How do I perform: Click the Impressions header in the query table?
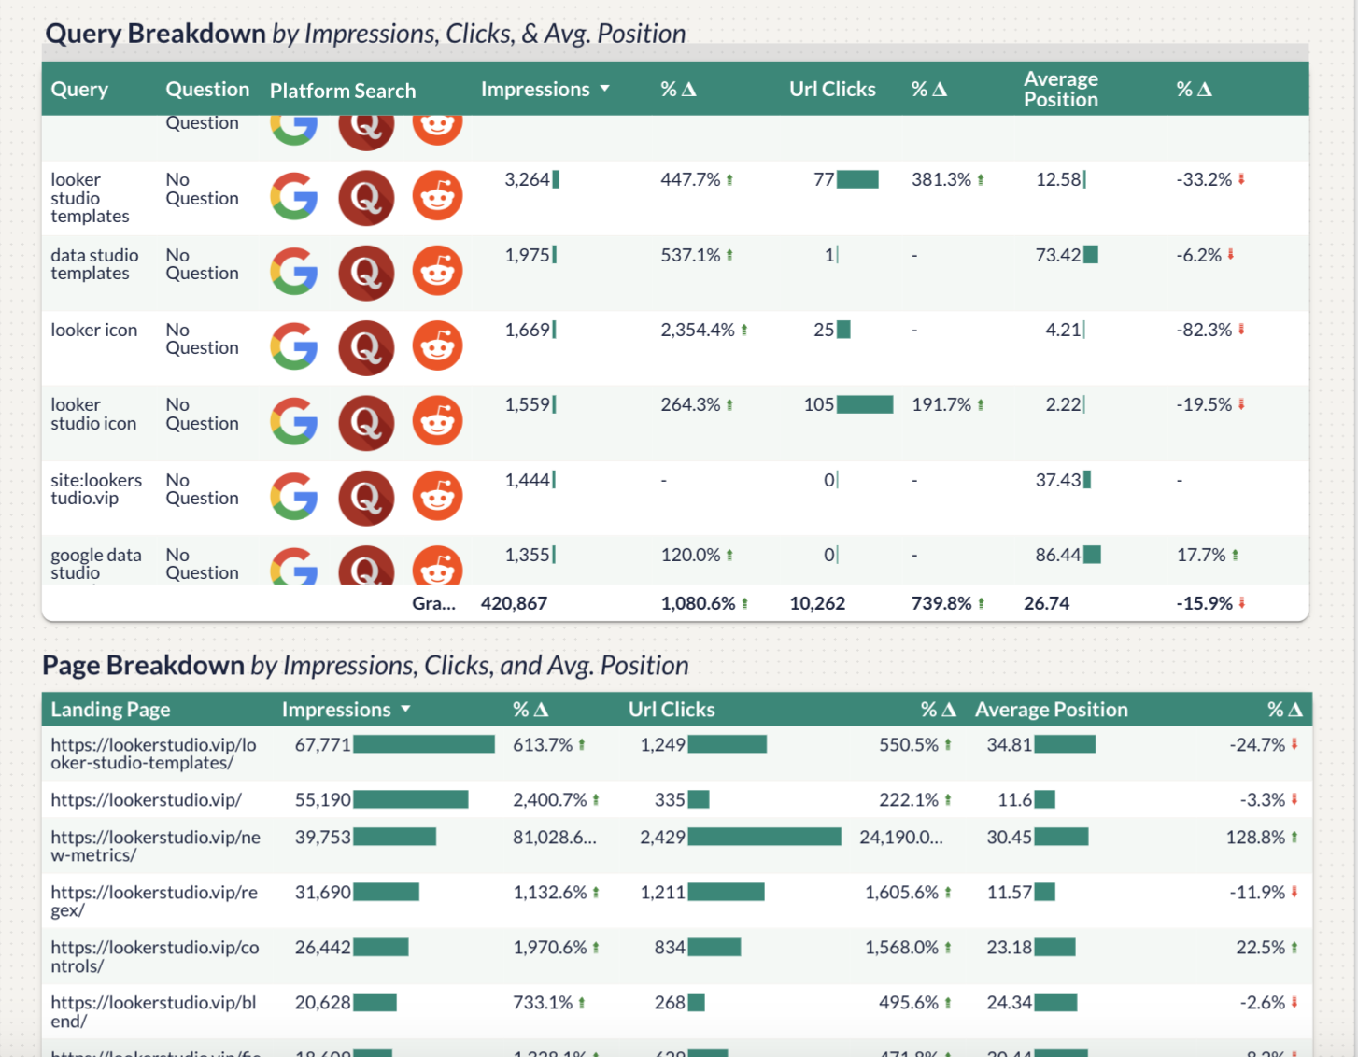pos(535,90)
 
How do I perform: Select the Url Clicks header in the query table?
pos(832,90)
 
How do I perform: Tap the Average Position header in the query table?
pos(1060,90)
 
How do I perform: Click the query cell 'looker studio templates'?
pos(90,198)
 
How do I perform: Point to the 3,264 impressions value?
pos(527,180)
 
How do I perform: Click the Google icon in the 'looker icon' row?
pos(294,347)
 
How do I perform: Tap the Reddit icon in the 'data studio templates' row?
pos(437,272)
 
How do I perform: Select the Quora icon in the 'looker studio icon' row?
pos(366,422)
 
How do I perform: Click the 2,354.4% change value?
pos(698,331)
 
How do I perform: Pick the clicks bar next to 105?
pos(865,404)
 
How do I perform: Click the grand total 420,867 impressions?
pos(514,604)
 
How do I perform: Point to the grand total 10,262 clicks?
pos(817,604)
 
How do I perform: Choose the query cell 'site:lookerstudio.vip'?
pos(96,489)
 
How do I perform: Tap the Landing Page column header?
pos(110,710)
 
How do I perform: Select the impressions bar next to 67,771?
pos(424,744)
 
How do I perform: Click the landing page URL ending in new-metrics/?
pos(155,846)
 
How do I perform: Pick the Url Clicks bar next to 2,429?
pos(764,838)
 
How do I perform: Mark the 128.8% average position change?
pos(1255,838)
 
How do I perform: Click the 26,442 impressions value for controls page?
pos(322,948)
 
